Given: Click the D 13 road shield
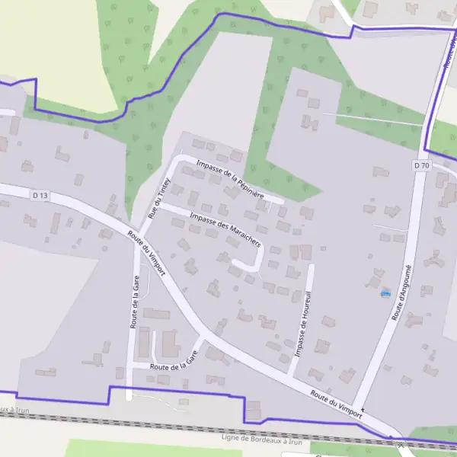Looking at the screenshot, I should pyautogui.click(x=40, y=196).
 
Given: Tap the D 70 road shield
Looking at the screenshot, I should pyautogui.click(x=421, y=165).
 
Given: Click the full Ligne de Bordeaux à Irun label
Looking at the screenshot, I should pyautogui.click(x=260, y=440).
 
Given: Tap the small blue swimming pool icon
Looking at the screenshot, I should pyautogui.click(x=385, y=292).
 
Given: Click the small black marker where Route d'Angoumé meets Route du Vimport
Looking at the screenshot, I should pyautogui.click(x=363, y=411).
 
